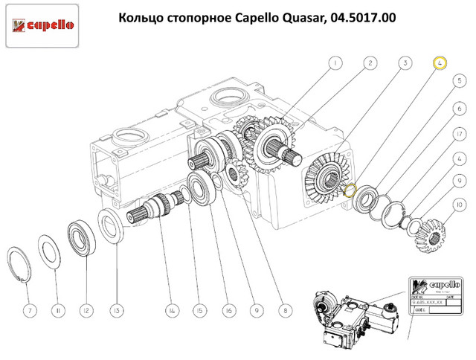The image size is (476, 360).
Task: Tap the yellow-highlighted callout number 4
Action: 440,63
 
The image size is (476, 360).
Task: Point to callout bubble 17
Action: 460,133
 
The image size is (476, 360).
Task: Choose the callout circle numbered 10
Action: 460,204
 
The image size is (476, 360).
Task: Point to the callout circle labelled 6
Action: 460,109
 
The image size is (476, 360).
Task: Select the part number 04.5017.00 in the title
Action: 358,17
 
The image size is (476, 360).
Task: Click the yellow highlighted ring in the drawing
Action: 352,190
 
